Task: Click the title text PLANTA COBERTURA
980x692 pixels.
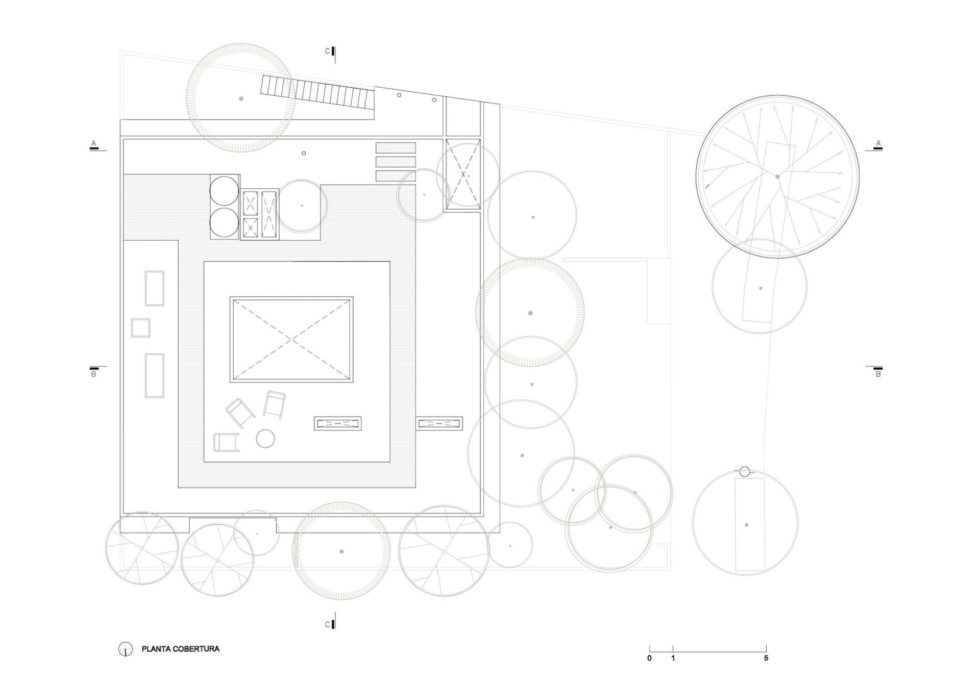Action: click(181, 649)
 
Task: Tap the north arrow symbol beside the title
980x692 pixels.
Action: click(126, 649)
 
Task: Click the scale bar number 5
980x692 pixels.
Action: click(766, 658)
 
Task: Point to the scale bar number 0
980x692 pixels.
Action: click(649, 658)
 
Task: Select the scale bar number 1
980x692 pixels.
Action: click(673, 658)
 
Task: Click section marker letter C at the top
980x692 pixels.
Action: click(328, 51)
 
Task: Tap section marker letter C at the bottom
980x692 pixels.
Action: click(328, 624)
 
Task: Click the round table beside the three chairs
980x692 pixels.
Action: click(265, 439)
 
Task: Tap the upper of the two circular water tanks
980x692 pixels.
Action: click(225, 191)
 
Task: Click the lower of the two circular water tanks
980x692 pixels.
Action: click(225, 222)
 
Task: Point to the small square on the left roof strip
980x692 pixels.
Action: click(140, 328)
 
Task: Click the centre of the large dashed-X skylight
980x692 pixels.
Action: click(291, 339)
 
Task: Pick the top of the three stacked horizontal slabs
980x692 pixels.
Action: click(396, 148)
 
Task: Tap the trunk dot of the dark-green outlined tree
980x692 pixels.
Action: click(777, 177)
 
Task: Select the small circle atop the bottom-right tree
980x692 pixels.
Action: click(745, 472)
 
